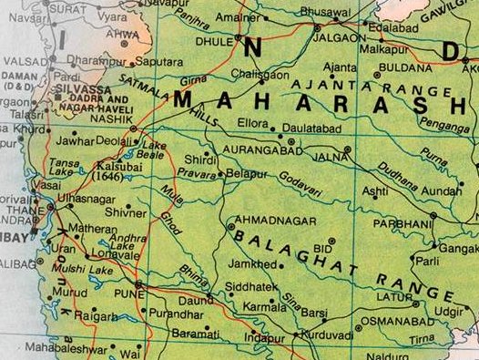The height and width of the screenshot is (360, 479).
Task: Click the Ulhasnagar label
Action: pyautogui.click(x=87, y=198)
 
